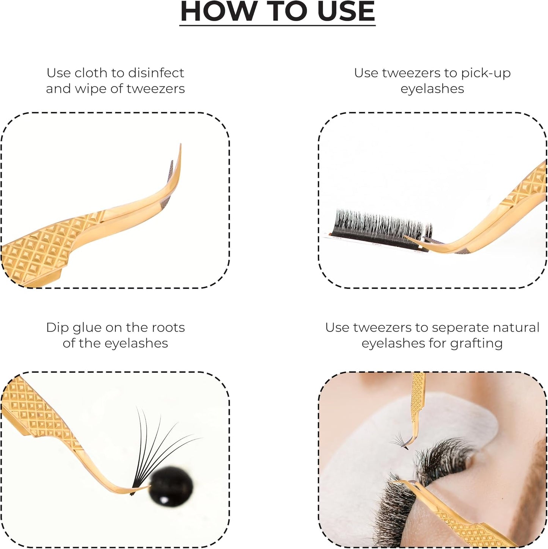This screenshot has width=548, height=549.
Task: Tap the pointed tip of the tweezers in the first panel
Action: (181, 146)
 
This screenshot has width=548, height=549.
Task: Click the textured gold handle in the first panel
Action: (49, 246)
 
